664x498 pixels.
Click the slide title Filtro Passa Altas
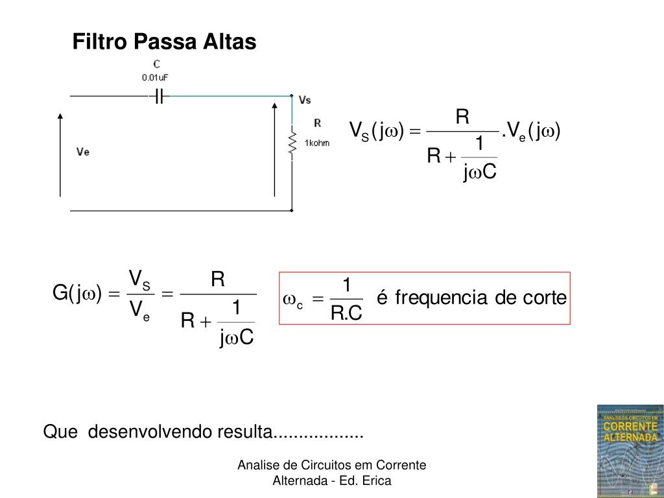click(x=164, y=42)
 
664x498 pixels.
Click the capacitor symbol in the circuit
click(x=159, y=97)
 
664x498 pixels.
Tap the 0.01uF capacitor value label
click(x=156, y=77)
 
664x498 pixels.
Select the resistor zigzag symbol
click(x=292, y=143)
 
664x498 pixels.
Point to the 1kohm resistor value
click(x=316, y=143)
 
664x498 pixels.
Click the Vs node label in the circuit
click(x=305, y=100)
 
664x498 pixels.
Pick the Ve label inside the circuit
click(x=83, y=152)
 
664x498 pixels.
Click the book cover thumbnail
click(x=630, y=451)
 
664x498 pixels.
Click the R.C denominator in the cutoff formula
click(x=346, y=313)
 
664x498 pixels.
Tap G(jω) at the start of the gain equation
click(x=74, y=294)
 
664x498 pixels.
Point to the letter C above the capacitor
click(x=156, y=64)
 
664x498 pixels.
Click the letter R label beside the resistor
click(x=317, y=123)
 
